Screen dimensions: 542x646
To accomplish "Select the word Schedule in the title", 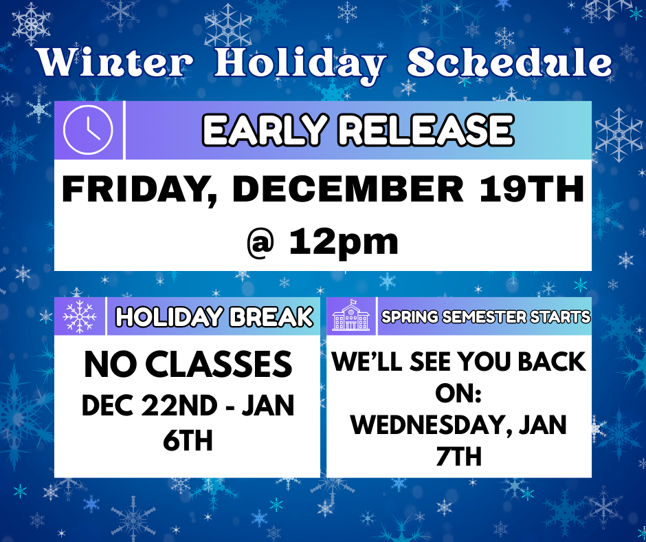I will click(509, 63).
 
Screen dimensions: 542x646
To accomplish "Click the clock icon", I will click(88, 130).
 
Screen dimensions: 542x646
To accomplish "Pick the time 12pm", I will click(344, 241).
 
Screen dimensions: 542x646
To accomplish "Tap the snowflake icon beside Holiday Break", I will click(80, 317).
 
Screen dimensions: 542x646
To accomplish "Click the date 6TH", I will click(188, 440).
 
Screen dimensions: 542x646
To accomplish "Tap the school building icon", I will click(350, 317).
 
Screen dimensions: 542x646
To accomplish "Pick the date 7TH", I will click(458, 457).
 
